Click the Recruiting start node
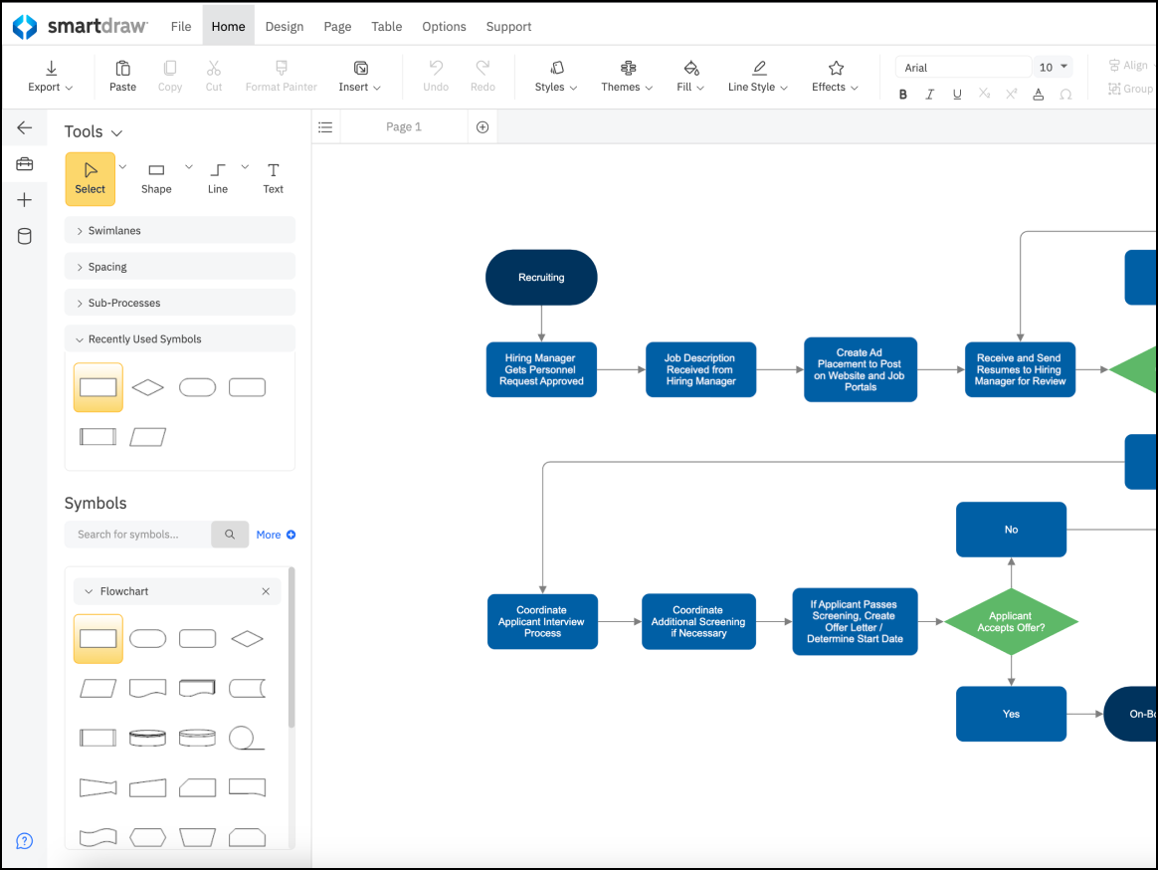click(x=541, y=277)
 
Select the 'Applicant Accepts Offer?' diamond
click(x=1011, y=621)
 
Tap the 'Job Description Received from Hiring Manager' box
click(x=700, y=369)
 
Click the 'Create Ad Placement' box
click(x=861, y=369)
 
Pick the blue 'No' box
click(x=1011, y=530)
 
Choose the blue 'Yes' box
click(x=1011, y=714)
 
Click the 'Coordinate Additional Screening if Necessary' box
click(x=698, y=621)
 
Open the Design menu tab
click(x=285, y=27)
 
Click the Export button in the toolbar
click(x=50, y=77)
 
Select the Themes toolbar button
click(x=627, y=77)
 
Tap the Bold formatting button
click(x=902, y=95)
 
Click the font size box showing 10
click(x=1053, y=68)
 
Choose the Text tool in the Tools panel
click(x=274, y=179)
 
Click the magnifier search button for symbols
click(x=230, y=535)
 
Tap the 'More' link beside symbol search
click(x=276, y=535)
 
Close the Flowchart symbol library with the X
click(x=266, y=591)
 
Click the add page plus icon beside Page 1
click(x=482, y=127)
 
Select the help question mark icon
click(x=24, y=841)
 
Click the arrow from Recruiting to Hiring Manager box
click(x=541, y=324)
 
